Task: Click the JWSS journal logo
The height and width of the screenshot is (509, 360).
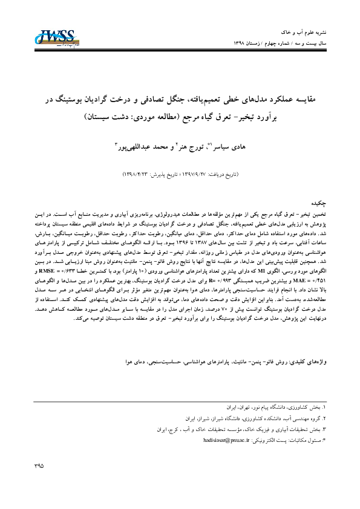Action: pos(55,37)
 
